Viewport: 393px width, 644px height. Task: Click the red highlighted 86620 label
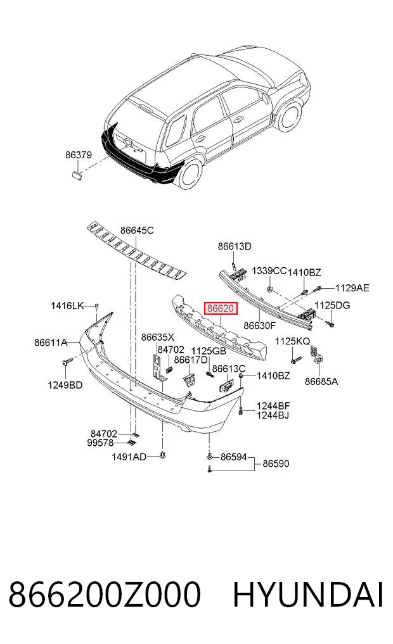point(222,308)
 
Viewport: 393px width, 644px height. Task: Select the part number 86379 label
point(78,155)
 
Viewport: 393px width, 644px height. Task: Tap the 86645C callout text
point(137,230)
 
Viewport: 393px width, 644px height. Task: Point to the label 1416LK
point(67,306)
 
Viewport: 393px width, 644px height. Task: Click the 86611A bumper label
point(51,342)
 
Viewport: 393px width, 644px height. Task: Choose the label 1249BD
point(65,385)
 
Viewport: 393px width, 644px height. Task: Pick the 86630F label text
point(259,325)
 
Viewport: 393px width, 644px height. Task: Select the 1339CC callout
point(269,271)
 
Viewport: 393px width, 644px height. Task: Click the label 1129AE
point(352,288)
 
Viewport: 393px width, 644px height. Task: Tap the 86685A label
point(321,382)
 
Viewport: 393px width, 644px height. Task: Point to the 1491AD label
point(129,457)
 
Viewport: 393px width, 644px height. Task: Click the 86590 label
point(276,464)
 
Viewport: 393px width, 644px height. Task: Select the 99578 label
point(100,443)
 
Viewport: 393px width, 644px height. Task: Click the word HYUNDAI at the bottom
point(308,595)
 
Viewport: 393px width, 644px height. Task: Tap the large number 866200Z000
point(105,595)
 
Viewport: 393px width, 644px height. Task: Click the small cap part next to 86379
point(77,176)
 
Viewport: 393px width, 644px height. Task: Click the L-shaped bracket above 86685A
point(316,353)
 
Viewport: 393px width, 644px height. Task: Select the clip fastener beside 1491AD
point(163,455)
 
